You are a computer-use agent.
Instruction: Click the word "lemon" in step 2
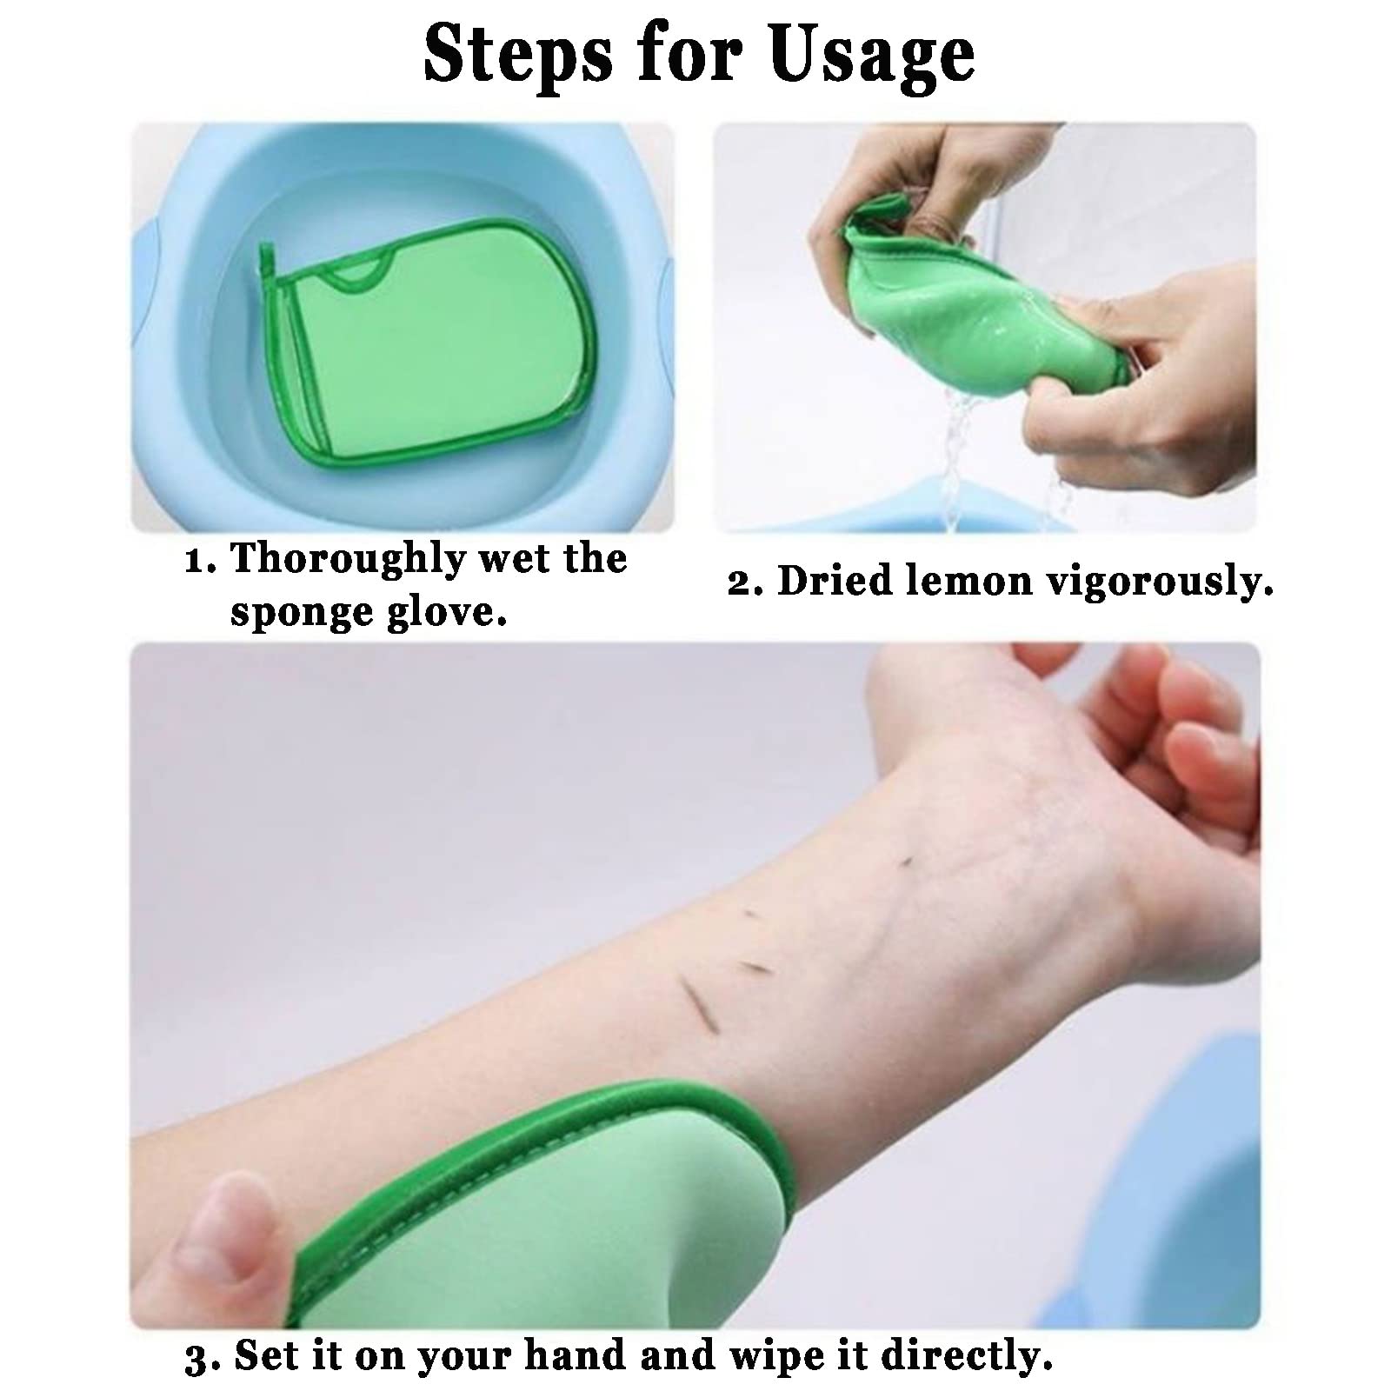coord(969,582)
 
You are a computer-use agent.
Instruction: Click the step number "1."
coord(200,561)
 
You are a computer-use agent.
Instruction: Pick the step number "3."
coord(201,1359)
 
